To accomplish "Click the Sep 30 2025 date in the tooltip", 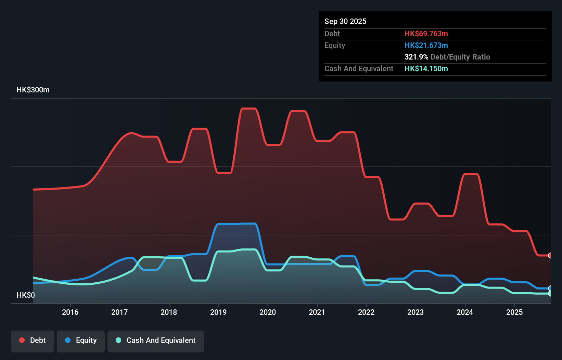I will tap(345, 21).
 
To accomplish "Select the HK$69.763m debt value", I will tap(426, 34).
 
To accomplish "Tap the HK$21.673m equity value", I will tap(426, 45).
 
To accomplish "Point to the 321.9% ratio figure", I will tap(416, 57).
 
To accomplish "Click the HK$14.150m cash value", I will tap(426, 68).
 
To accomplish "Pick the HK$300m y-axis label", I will tap(33, 90).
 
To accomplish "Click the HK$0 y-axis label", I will tap(25, 295).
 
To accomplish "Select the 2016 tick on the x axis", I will tap(70, 312).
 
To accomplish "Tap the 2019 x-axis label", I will tap(218, 312).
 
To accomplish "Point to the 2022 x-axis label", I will tap(366, 312).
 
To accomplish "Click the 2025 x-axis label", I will tap(514, 312).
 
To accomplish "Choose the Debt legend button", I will tap(33, 340).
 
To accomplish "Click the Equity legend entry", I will tap(81, 340).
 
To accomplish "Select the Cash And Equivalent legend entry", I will tap(156, 340).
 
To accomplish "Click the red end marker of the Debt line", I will tap(550, 255).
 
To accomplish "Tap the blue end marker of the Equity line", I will tap(550, 288).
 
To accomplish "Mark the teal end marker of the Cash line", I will tap(550, 294).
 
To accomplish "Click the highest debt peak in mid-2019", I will tap(249, 108).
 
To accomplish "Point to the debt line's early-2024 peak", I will tap(471, 174).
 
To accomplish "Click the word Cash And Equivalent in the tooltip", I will tap(359, 68).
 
